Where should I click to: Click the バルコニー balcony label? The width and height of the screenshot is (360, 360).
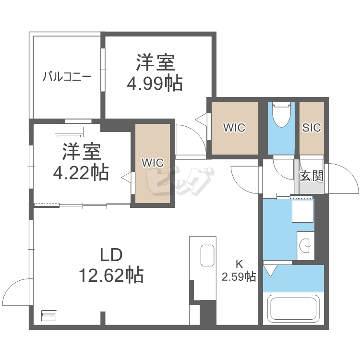click(67, 76)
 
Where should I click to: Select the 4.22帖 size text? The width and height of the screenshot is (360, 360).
click(81, 171)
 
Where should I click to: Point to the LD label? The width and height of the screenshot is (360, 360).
click(111, 254)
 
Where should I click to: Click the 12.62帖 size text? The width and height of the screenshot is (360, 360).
click(111, 275)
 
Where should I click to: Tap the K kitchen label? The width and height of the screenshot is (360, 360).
click(239, 264)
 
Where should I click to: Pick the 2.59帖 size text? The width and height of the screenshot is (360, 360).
click(239, 276)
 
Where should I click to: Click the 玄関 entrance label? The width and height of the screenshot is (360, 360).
click(311, 176)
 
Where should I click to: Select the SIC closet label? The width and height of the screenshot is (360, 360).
click(312, 128)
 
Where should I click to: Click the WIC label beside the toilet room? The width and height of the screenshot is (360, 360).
click(234, 128)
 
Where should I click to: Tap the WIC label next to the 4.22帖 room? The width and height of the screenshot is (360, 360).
click(152, 162)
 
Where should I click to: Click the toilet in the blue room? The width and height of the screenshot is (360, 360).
click(281, 114)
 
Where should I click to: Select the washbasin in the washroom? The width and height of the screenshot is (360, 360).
click(305, 245)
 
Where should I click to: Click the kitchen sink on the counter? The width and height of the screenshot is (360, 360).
click(207, 255)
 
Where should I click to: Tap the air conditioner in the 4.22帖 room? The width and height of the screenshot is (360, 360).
click(70, 131)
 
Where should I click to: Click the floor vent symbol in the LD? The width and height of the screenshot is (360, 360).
click(48, 315)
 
